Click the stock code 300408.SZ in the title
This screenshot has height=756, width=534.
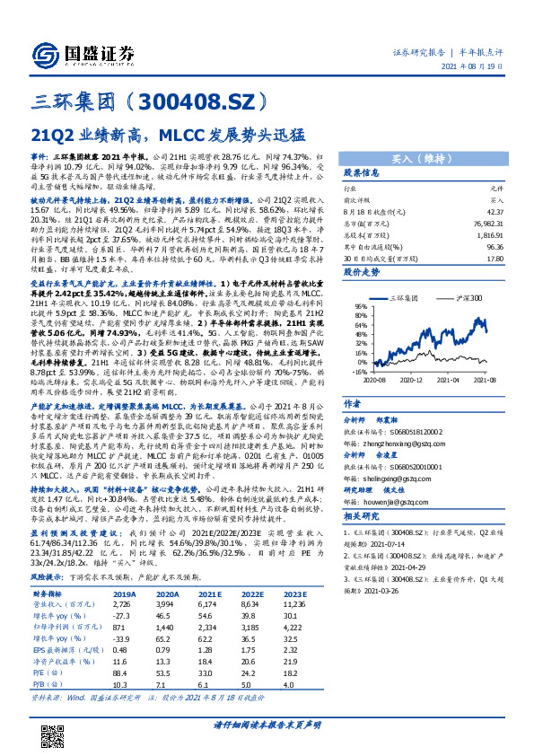point(206,100)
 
